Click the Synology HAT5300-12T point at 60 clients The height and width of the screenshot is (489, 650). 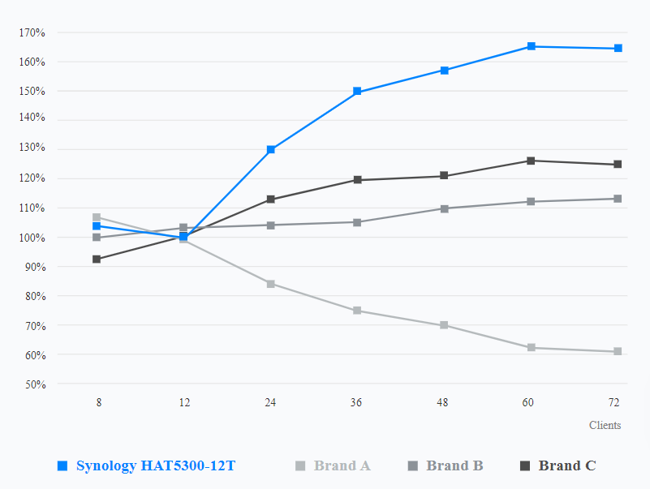[x=531, y=46]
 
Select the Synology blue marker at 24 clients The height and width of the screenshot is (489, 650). [x=271, y=150]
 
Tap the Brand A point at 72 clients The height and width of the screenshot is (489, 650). [x=618, y=351]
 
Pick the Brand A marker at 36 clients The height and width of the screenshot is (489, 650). [x=358, y=311]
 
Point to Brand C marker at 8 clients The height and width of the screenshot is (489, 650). [x=97, y=260]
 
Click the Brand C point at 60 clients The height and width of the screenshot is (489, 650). [x=531, y=161]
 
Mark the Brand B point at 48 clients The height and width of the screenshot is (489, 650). [x=445, y=208]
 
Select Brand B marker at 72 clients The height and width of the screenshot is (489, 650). [x=618, y=199]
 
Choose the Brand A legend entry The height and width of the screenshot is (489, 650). [x=342, y=465]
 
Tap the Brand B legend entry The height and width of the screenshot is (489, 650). [x=454, y=465]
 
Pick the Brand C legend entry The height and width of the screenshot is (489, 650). [x=566, y=465]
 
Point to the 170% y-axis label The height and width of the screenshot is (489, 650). [x=33, y=32]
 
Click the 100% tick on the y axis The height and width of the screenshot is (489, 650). [x=33, y=238]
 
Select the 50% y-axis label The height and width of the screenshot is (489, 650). [x=33, y=384]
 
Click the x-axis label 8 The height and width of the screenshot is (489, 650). [x=98, y=402]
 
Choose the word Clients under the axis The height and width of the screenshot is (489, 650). [x=605, y=425]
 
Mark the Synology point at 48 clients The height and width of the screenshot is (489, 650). [x=445, y=71]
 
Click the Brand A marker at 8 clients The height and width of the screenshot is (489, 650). [x=97, y=217]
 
